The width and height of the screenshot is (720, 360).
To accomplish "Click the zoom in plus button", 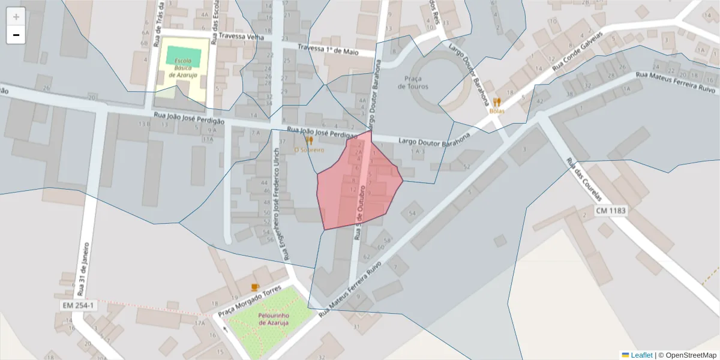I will pos(16,17).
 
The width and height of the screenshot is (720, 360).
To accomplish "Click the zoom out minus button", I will pos(16,35).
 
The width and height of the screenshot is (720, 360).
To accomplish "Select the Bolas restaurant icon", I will pos(497,102).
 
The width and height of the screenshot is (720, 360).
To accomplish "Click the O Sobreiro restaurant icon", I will pos(310,140).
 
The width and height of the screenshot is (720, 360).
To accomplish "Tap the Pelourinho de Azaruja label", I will pos(274,319).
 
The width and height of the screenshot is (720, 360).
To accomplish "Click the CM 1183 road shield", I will pos(611,211).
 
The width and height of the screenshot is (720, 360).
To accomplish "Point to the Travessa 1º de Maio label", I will pos(328,50).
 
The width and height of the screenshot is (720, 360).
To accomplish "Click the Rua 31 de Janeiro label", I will pos(83,270).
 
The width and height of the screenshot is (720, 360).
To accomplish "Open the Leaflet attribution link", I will pos(641,355).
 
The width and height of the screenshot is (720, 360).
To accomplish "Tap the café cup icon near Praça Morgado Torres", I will pos(255,287).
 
